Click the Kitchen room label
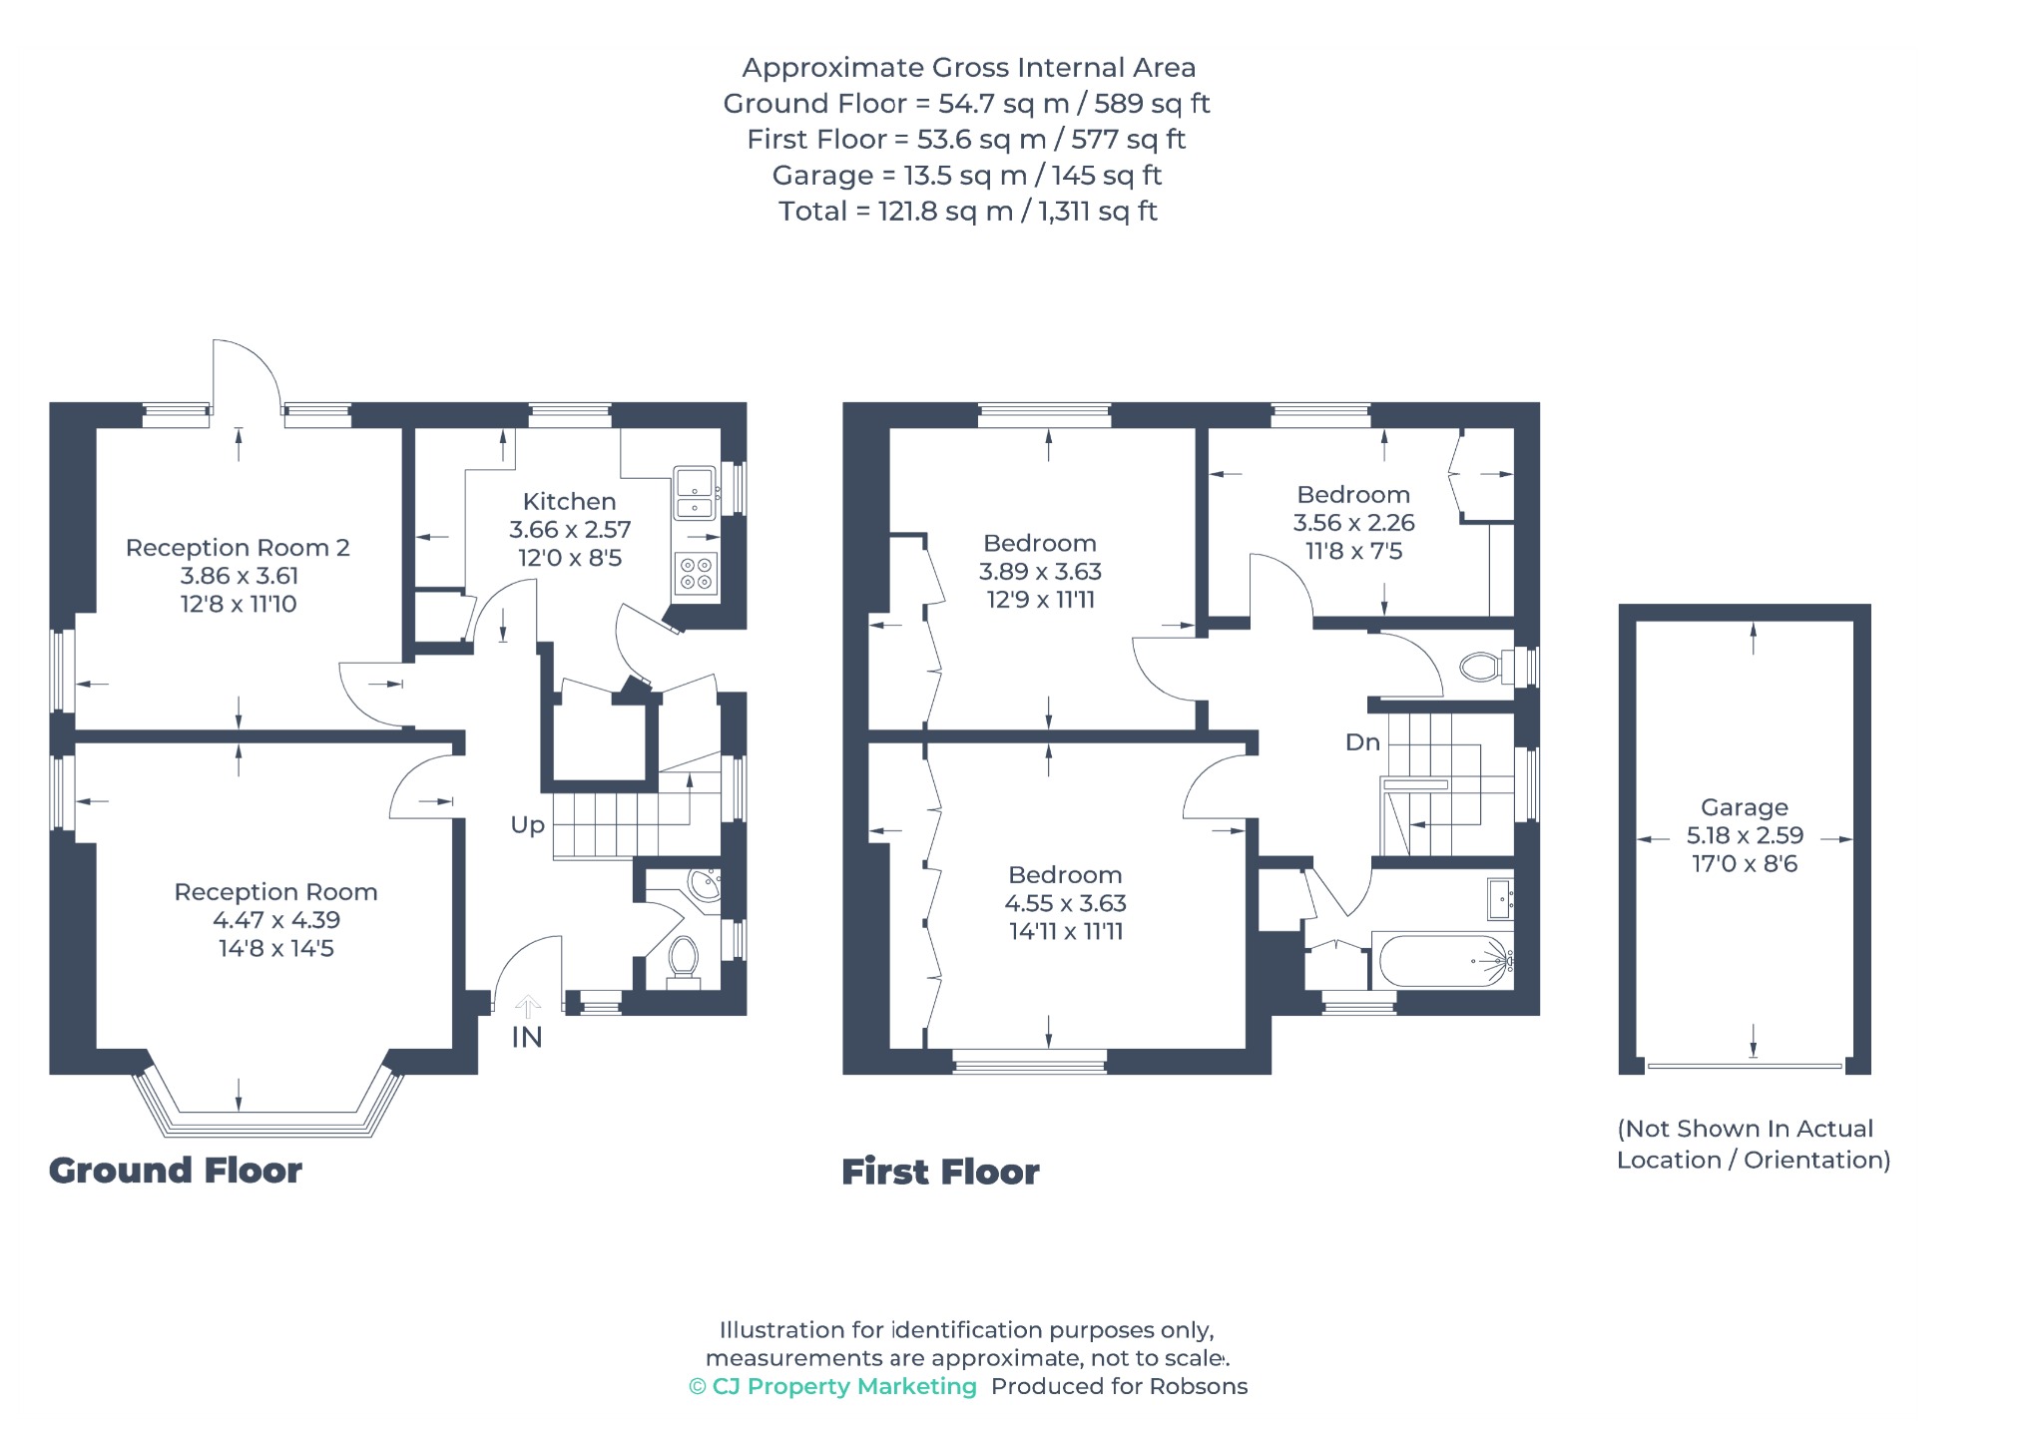coord(569,501)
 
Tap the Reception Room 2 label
coord(238,547)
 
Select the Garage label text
coord(1745,807)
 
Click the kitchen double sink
coord(695,494)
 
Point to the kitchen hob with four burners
coord(696,574)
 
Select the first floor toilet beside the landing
coord(1486,666)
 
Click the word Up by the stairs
coord(528,825)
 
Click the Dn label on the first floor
coord(1362,742)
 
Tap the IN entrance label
coord(527,1038)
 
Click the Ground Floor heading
coord(176,1171)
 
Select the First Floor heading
coord(940,1172)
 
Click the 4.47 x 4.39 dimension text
coord(276,920)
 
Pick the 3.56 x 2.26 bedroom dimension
coord(1354,523)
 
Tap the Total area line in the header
coord(968,212)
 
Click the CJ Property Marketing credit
coord(833,1386)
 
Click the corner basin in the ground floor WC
coord(706,884)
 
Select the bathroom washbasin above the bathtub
coord(1500,898)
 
